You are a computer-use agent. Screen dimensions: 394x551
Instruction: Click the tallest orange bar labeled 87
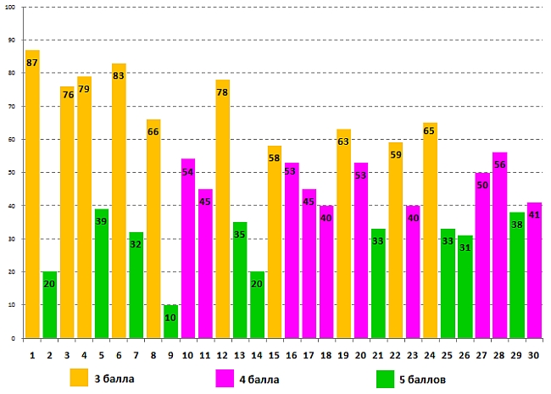click(x=32, y=195)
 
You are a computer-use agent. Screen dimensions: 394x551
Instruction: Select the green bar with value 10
click(x=171, y=322)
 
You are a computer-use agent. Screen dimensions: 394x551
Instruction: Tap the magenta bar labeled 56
click(x=500, y=246)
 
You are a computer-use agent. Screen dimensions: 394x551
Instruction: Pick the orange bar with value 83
click(x=119, y=203)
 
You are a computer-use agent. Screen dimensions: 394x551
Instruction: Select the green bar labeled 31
click(x=465, y=288)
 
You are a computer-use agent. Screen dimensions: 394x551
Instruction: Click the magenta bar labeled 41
click(x=534, y=271)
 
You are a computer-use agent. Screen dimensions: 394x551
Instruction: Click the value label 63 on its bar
click(x=343, y=142)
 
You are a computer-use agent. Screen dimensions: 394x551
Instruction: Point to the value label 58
click(x=275, y=158)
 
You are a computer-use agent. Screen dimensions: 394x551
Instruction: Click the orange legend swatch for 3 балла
click(x=80, y=377)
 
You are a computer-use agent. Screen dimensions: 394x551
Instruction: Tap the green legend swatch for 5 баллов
click(x=387, y=377)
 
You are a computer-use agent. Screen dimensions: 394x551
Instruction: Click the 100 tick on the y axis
click(x=12, y=8)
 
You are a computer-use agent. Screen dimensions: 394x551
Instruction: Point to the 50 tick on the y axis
click(x=12, y=173)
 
